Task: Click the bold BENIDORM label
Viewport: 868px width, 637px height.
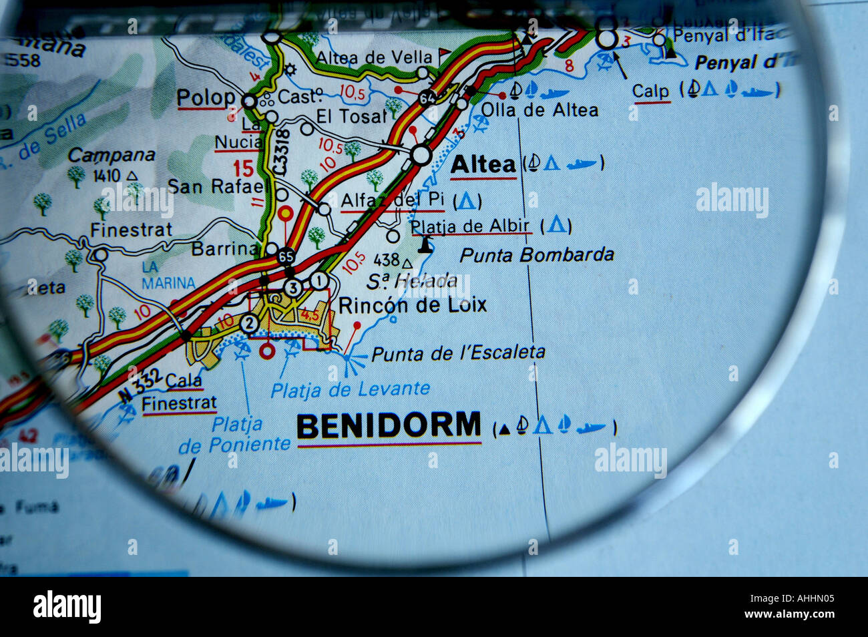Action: (x=389, y=425)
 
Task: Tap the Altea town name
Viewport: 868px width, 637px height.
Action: (x=483, y=165)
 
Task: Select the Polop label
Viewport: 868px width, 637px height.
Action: (x=206, y=97)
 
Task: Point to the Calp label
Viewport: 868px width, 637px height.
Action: (x=650, y=91)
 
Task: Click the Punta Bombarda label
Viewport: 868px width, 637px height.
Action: (x=537, y=254)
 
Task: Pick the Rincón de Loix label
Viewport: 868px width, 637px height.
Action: (x=413, y=305)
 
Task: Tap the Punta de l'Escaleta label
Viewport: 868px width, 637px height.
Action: (x=458, y=353)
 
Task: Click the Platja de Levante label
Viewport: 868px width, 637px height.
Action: (x=350, y=389)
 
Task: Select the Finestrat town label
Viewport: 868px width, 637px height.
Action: (x=131, y=230)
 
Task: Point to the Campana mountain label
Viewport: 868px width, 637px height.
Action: (x=111, y=156)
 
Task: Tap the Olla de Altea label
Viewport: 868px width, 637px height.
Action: (x=539, y=110)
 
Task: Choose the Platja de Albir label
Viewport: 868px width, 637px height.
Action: (x=470, y=226)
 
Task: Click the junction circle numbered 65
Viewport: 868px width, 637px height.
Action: (x=286, y=256)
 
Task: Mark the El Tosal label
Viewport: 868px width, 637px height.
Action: (x=351, y=116)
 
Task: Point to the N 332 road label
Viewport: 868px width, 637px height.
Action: (x=141, y=385)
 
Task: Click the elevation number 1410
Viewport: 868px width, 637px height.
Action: (x=107, y=176)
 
